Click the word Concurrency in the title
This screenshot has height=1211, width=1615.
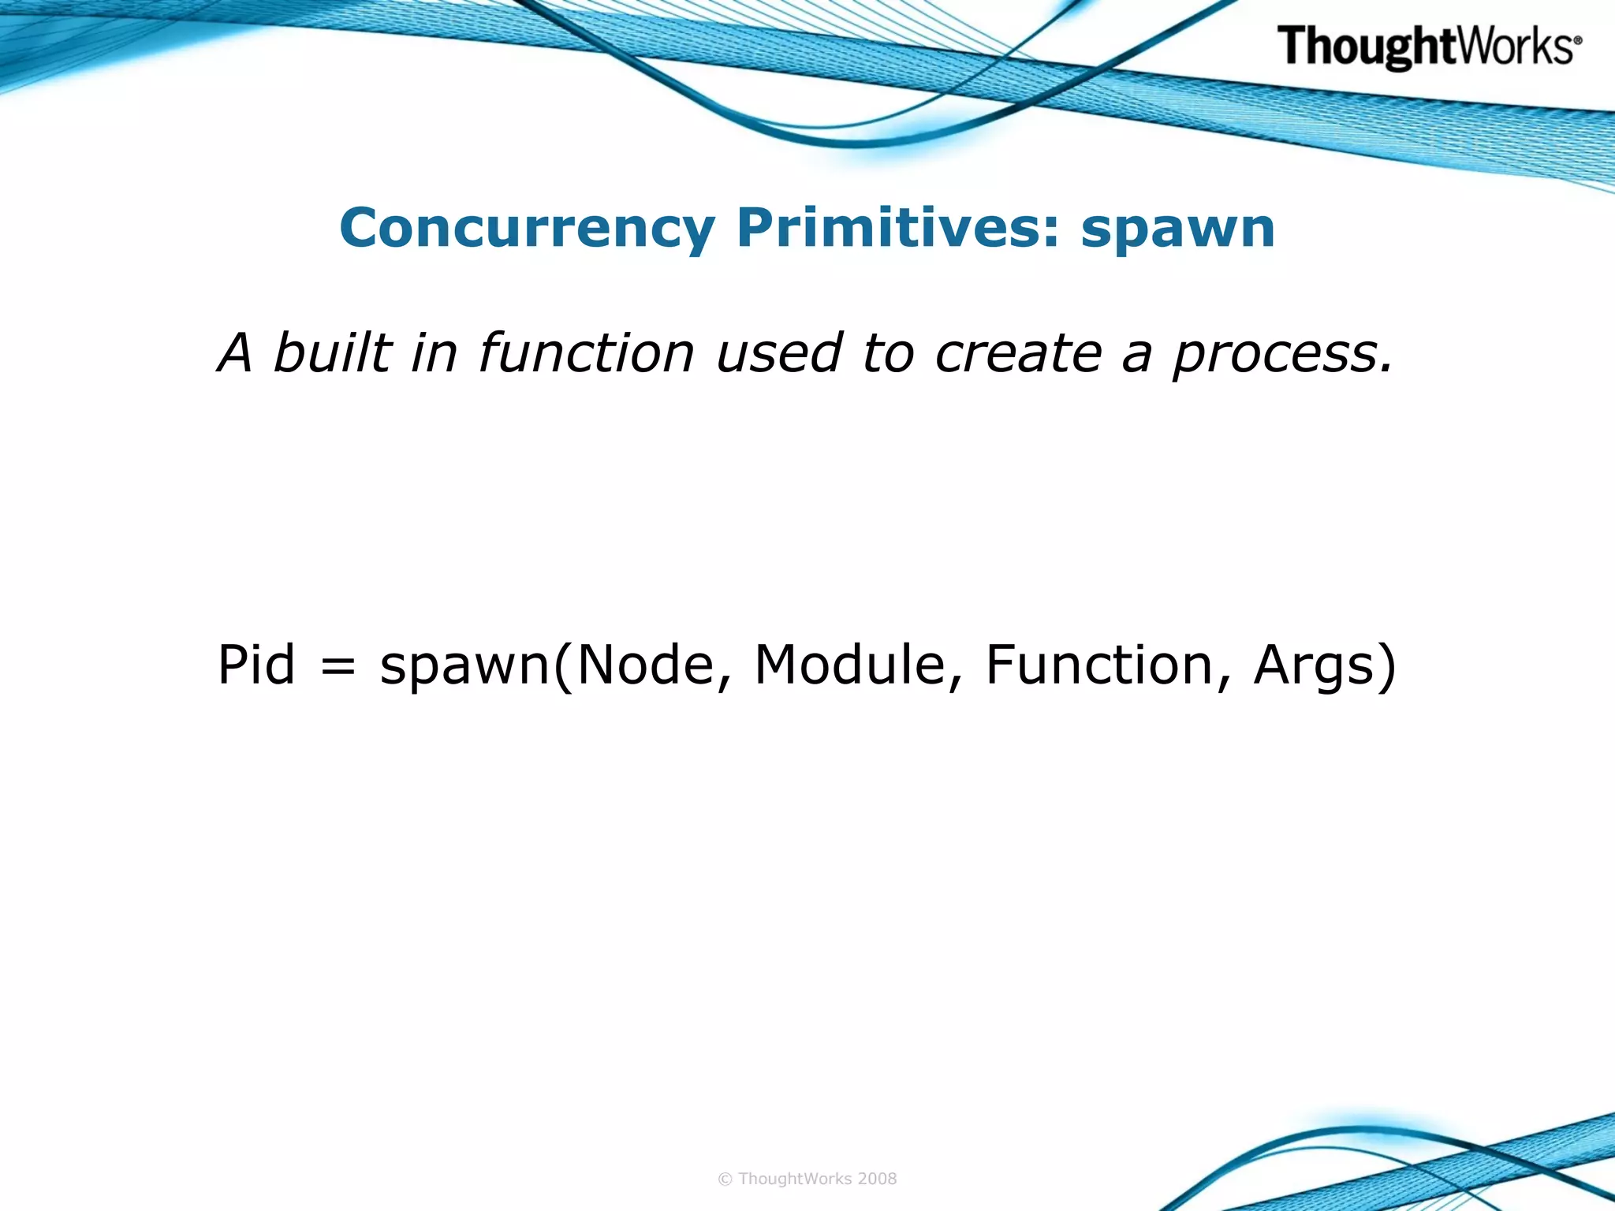(x=527, y=229)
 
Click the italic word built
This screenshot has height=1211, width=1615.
(x=332, y=352)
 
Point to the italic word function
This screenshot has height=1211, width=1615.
(x=586, y=352)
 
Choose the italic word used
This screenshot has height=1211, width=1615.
(x=779, y=352)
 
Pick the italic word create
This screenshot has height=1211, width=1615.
(x=1018, y=354)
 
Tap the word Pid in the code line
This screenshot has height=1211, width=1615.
(x=256, y=665)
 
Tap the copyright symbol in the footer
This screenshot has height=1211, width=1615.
(x=725, y=1179)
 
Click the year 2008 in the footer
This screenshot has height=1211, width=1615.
(x=877, y=1179)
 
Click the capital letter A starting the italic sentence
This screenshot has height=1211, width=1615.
(x=236, y=352)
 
